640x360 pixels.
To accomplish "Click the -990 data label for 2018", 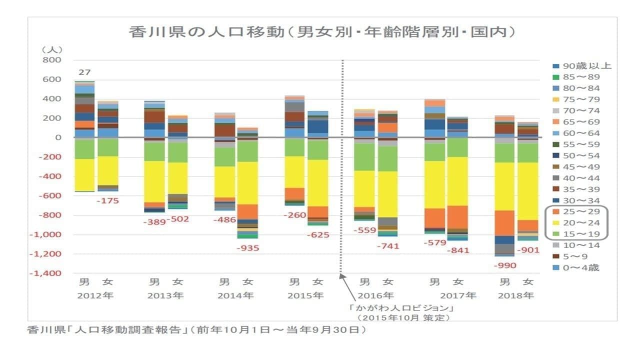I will pos(504,265).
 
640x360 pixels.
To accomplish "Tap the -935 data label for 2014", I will pos(247,247).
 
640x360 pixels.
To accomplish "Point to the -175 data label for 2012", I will pos(108,200).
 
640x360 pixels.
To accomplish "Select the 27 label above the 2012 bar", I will pos(81,71).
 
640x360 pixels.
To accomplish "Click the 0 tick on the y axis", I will pos(57,137).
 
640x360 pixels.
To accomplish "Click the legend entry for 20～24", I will pos(580,223).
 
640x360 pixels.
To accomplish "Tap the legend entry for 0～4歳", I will pos(580,268).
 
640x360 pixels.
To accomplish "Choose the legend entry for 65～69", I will pos(580,122).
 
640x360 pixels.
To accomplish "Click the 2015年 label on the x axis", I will pos(305,295).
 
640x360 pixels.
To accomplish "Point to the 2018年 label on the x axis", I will pos(515,295).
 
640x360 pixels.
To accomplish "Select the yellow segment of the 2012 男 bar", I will pos(84,174).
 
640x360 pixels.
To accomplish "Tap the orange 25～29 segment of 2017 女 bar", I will pos(457,216).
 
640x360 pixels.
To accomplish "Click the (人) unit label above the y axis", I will pos(52,49).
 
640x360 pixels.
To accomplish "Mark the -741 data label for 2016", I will pos(388,245).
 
